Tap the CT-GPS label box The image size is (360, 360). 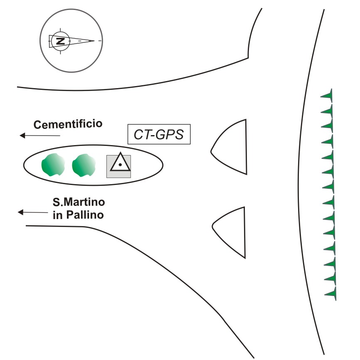point(158,134)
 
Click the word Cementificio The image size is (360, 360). point(68,124)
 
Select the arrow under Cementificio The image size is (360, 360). point(40,136)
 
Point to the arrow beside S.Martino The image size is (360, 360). point(33,212)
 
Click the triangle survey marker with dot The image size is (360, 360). point(119,164)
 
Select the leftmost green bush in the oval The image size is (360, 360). point(53,165)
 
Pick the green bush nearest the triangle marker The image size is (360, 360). point(84,165)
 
